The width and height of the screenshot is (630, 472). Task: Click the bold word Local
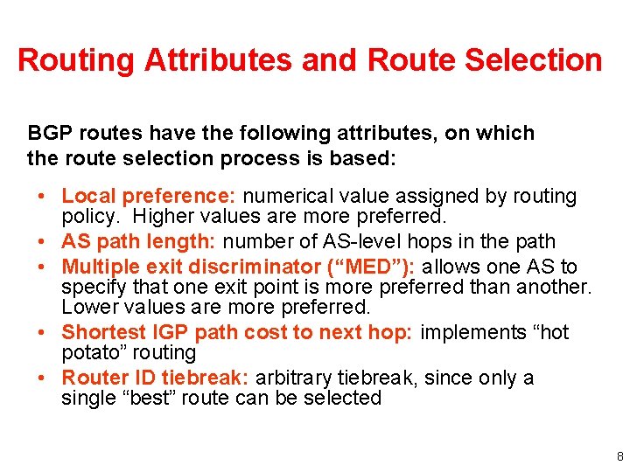[x=87, y=196]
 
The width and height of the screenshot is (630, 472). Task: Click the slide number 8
[x=619, y=455]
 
